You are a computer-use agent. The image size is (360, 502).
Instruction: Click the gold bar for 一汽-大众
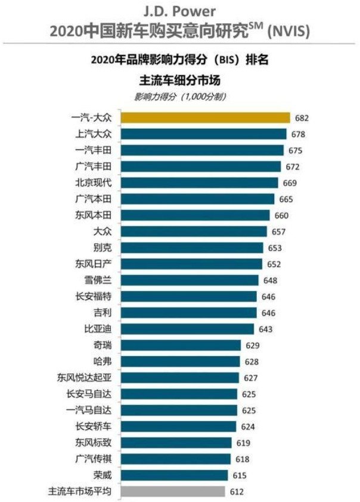point(205,118)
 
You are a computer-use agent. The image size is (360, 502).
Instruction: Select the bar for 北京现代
point(199,182)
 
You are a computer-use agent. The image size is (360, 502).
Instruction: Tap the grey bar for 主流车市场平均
point(173,491)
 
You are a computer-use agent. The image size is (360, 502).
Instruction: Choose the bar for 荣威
point(174,475)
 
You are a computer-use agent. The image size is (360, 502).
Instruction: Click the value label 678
point(299,134)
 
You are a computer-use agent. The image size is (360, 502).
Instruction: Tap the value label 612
point(237,491)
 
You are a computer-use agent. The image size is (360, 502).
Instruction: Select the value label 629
point(250,345)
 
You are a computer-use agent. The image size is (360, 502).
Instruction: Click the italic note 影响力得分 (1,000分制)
point(179,96)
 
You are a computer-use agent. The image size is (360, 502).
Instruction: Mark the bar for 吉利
point(189,312)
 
